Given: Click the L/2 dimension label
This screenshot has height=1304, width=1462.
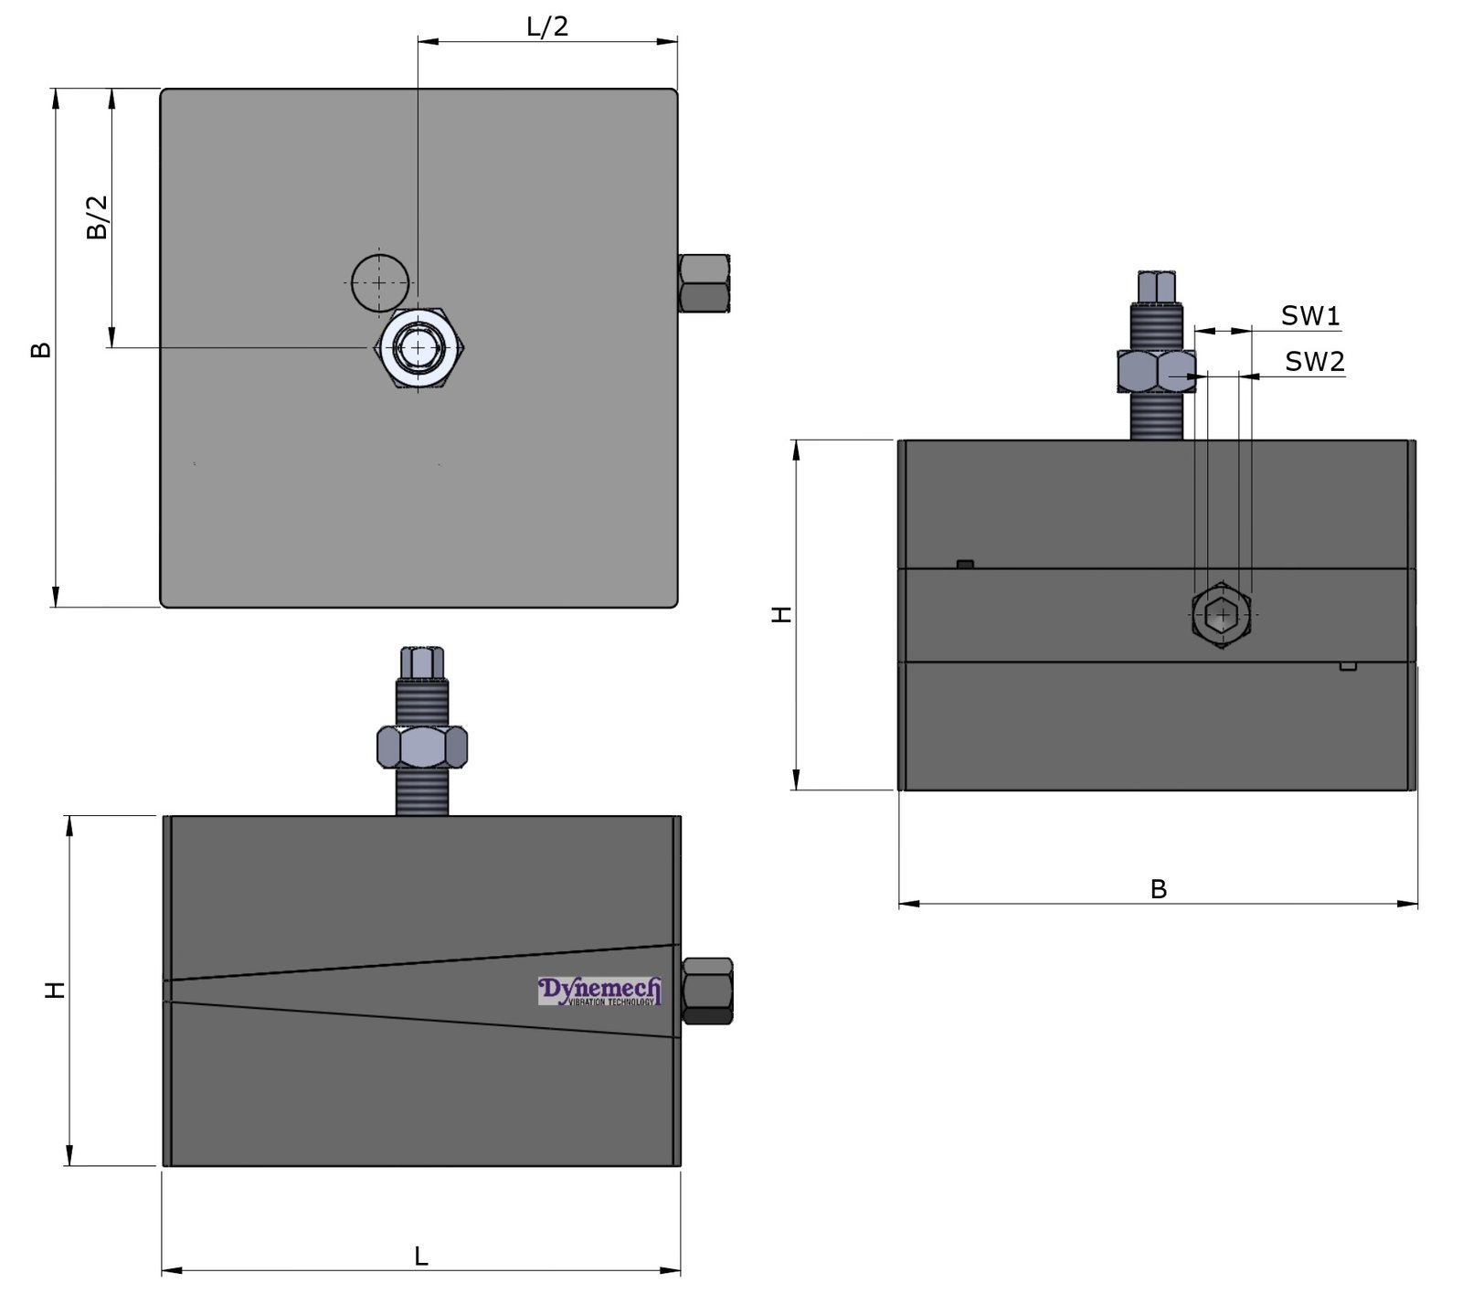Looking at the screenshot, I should (x=547, y=27).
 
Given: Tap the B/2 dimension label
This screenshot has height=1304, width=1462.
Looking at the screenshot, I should (x=98, y=217).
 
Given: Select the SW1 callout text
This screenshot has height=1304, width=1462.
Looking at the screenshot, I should (x=1309, y=316).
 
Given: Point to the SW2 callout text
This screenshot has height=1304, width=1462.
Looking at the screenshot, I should (x=1314, y=362).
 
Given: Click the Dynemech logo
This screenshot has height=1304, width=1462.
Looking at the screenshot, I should (x=599, y=991).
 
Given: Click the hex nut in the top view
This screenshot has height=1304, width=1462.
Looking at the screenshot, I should (x=419, y=348).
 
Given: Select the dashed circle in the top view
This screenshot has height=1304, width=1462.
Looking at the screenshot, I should (x=380, y=282).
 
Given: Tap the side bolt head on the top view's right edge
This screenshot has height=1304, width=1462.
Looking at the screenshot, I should (x=704, y=283).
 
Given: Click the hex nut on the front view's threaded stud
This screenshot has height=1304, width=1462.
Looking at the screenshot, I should (x=421, y=747).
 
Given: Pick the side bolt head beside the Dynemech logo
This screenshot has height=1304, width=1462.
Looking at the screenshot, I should (x=707, y=991).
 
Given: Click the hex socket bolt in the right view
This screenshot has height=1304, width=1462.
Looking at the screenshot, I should (x=1221, y=615).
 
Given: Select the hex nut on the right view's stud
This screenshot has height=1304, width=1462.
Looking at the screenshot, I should (x=1156, y=371).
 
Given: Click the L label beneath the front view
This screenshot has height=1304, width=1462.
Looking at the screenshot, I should (x=421, y=1256).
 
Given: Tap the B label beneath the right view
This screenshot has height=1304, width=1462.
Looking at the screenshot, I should (x=1158, y=889).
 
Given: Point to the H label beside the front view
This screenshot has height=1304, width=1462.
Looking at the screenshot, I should (x=56, y=990).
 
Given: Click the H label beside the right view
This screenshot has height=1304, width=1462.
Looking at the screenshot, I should (x=783, y=614).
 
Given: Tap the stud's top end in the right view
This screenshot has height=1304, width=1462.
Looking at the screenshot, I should (x=1156, y=285).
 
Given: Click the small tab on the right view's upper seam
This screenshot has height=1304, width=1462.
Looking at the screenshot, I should (x=965, y=564).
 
